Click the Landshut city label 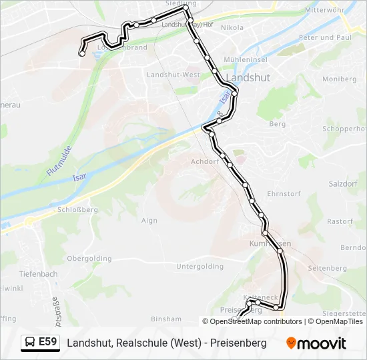pyautogui.click(x=248, y=77)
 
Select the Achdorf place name pyautogui.click(x=205, y=161)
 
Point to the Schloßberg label pyautogui.click(x=77, y=209)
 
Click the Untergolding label pyautogui.click(x=200, y=266)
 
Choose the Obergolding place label pyautogui.click(x=89, y=258)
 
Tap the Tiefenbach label pyautogui.click(x=39, y=274)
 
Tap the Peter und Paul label pyautogui.click(x=326, y=38)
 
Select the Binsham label pyautogui.click(x=166, y=319)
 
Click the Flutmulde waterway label pyautogui.click(x=59, y=157)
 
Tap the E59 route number pyautogui.click(x=48, y=343)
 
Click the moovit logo pyautogui.click(x=316, y=343)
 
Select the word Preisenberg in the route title pyautogui.click(x=239, y=343)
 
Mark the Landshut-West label pyautogui.click(x=173, y=75)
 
